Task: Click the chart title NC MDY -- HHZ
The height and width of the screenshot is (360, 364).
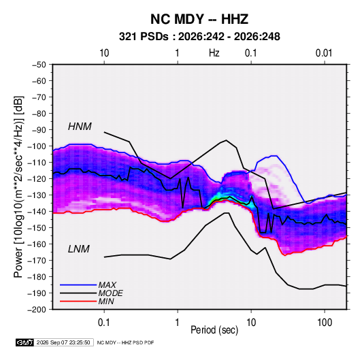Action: pyautogui.click(x=199, y=19)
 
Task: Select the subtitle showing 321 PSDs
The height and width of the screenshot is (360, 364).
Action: pyautogui.click(x=199, y=37)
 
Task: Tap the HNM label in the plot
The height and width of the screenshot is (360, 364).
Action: pyautogui.click(x=80, y=127)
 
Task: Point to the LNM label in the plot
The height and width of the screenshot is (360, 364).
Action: pyautogui.click(x=79, y=249)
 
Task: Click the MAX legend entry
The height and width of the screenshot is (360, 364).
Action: pyautogui.click(x=107, y=284)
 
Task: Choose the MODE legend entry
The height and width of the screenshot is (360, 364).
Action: pyautogui.click(x=110, y=293)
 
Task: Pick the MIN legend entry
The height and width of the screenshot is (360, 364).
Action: pyautogui.click(x=106, y=301)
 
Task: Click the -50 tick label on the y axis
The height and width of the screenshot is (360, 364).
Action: pyautogui.click(x=39, y=65)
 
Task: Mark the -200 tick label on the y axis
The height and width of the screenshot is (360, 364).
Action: pyautogui.click(x=37, y=310)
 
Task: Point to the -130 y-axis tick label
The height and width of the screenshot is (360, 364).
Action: pyautogui.click(x=37, y=195)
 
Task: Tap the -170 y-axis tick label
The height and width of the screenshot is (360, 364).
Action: pyautogui.click(x=37, y=261)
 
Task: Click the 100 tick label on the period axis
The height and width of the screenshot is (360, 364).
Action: pyautogui.click(x=325, y=323)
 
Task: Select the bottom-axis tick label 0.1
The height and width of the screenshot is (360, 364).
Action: pyautogui.click(x=104, y=323)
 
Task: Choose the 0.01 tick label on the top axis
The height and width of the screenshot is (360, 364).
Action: pyautogui.click(x=324, y=53)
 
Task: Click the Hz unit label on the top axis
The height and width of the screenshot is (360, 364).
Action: pyautogui.click(x=214, y=53)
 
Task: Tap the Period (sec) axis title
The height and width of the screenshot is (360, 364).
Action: pyautogui.click(x=214, y=330)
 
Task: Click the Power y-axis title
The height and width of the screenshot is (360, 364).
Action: pyautogui.click(x=18, y=187)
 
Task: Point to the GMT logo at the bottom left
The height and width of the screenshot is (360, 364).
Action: pyautogui.click(x=24, y=342)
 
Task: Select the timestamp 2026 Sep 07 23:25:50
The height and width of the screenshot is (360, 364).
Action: pyautogui.click(x=63, y=342)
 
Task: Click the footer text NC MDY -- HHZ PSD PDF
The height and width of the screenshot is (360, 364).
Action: pyautogui.click(x=125, y=342)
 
